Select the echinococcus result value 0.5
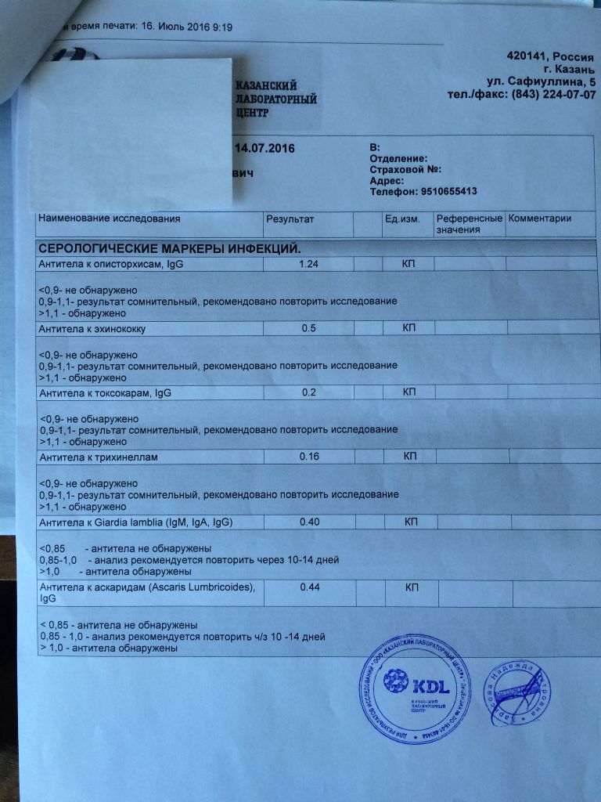point(309,329)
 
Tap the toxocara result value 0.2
point(309,392)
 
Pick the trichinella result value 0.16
point(309,457)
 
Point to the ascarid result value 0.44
point(311,588)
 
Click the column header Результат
point(290,219)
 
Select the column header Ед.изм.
point(402,219)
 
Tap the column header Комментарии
point(540,219)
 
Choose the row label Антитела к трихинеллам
point(95,457)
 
